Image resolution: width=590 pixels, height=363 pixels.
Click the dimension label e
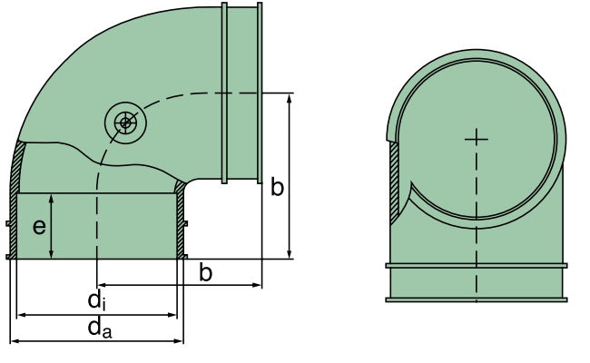tap(40, 226)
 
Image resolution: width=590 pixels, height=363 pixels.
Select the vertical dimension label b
tap(278, 188)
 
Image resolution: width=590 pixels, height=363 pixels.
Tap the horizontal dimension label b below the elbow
tap(206, 272)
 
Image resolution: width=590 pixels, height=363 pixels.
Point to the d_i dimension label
tap(96, 299)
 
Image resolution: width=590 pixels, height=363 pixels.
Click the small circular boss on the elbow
tap(123, 121)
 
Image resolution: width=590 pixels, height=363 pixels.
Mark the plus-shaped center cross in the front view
tap(476, 138)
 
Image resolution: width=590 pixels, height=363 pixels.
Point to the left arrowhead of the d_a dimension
tap(15, 342)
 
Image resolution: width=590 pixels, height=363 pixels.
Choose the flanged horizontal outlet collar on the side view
tap(241, 91)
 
